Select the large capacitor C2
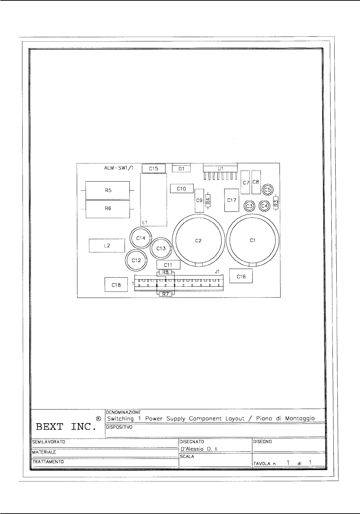click(x=198, y=240)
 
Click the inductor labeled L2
click(x=107, y=246)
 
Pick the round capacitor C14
click(x=141, y=238)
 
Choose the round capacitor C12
click(x=136, y=260)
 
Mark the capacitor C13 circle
click(x=161, y=248)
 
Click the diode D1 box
click(x=181, y=169)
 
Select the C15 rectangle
click(x=154, y=169)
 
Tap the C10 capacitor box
click(x=181, y=189)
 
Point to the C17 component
click(x=232, y=200)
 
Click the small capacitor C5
click(x=268, y=190)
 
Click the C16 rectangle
click(x=241, y=276)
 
